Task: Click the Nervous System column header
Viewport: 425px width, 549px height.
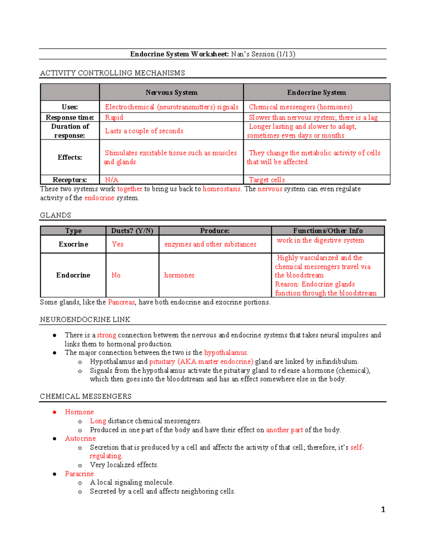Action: (x=171, y=93)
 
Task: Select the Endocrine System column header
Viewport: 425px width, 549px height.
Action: (x=316, y=93)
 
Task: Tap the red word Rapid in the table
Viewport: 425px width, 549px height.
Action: (x=114, y=117)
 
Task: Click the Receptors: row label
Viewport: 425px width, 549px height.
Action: (x=70, y=180)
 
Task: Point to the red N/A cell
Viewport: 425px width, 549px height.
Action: (x=112, y=180)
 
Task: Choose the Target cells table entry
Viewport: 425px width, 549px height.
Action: (x=267, y=180)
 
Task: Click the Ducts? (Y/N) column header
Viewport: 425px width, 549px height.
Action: (x=132, y=231)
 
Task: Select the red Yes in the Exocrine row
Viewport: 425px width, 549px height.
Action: (x=118, y=244)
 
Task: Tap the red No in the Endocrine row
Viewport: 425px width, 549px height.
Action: (x=116, y=275)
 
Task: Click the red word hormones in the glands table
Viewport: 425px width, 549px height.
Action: (x=179, y=275)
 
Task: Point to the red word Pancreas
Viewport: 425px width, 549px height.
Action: (x=121, y=302)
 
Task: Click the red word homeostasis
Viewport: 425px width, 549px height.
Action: (x=222, y=189)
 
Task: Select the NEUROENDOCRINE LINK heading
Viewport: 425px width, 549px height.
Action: (x=85, y=320)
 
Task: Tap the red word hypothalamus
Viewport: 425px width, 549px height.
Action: (x=226, y=352)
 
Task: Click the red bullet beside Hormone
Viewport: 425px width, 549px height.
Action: (x=55, y=412)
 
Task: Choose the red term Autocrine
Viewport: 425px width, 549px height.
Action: (x=80, y=438)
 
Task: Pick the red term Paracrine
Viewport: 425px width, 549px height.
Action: (x=79, y=474)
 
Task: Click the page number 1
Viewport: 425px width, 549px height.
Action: (x=383, y=509)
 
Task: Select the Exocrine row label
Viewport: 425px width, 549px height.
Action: (x=73, y=244)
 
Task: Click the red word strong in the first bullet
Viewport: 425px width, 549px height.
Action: (x=107, y=335)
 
